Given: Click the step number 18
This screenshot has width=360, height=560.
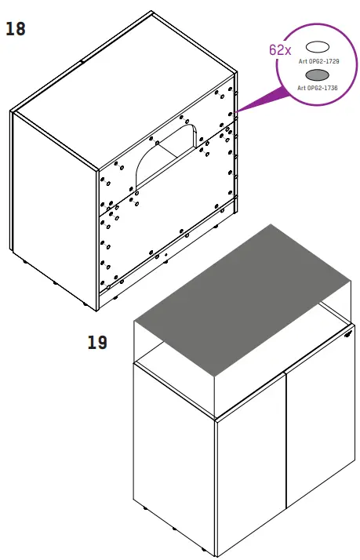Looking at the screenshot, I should click(x=16, y=30).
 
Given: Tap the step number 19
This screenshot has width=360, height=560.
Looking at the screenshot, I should click(x=98, y=343).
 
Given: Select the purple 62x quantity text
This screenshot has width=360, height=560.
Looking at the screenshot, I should click(x=280, y=49).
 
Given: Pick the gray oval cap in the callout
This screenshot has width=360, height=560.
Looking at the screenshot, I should click(x=317, y=75).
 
